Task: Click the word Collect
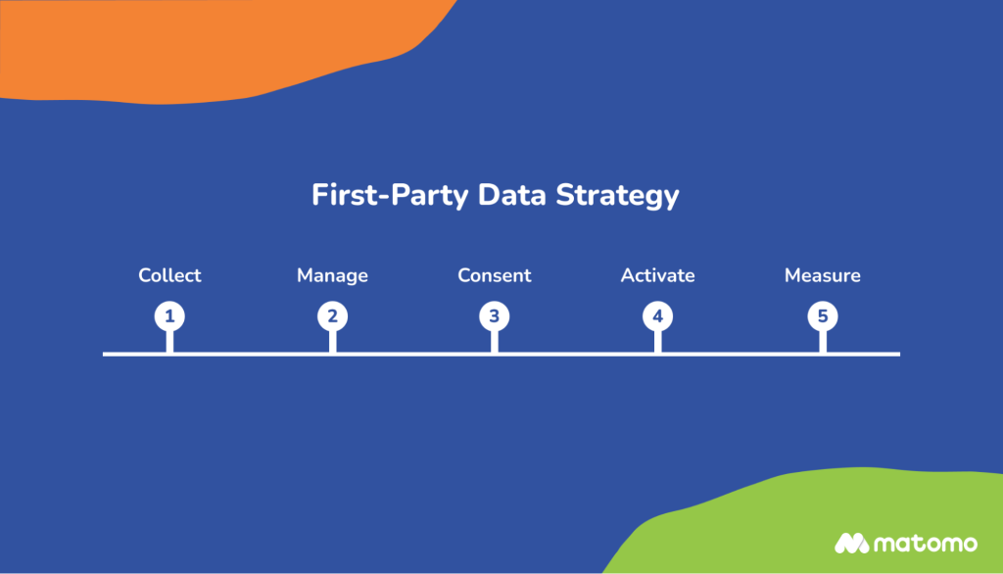[169, 275]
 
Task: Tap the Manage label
[332, 275]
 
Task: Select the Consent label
[495, 275]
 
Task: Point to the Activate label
[657, 275]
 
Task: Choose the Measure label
[823, 275]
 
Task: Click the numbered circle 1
[169, 316]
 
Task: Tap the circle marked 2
[332, 316]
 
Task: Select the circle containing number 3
[495, 316]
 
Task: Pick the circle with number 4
[657, 316]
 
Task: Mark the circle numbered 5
[823, 316]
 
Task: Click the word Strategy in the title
[617, 195]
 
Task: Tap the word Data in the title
[512, 194]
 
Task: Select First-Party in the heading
[391, 194]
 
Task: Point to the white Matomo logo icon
[851, 543]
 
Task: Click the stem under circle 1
[169, 341]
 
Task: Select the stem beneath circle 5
[823, 341]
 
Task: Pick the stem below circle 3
[495, 341]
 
